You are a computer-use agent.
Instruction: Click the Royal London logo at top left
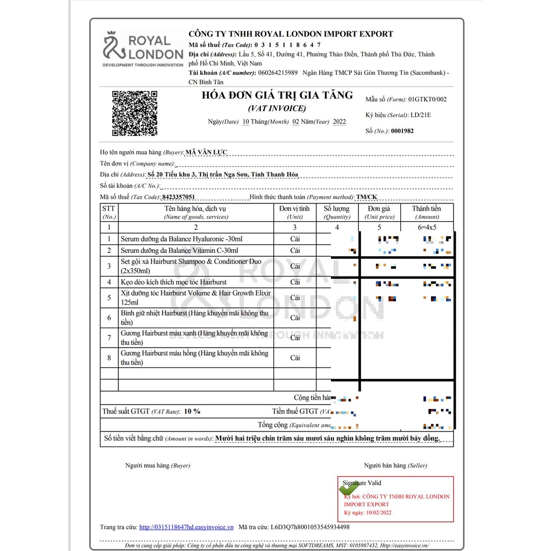(143, 49)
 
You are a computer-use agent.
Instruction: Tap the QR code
(135, 113)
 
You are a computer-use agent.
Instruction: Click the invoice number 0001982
(402, 131)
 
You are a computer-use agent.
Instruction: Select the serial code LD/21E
(421, 115)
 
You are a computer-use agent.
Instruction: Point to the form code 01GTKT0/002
(427, 100)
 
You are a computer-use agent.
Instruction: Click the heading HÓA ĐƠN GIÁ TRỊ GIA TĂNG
(277, 96)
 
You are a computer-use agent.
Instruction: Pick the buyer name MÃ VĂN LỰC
(207, 152)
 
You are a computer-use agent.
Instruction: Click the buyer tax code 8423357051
(178, 197)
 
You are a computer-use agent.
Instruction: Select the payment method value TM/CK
(370, 197)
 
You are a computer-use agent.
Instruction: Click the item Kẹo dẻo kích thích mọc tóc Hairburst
(174, 282)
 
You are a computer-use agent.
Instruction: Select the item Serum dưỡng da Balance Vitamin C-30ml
(179, 250)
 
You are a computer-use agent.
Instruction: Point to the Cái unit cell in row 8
(295, 358)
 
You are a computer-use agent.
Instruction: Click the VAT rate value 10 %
(192, 411)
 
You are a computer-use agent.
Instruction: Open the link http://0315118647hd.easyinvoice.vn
(186, 527)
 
